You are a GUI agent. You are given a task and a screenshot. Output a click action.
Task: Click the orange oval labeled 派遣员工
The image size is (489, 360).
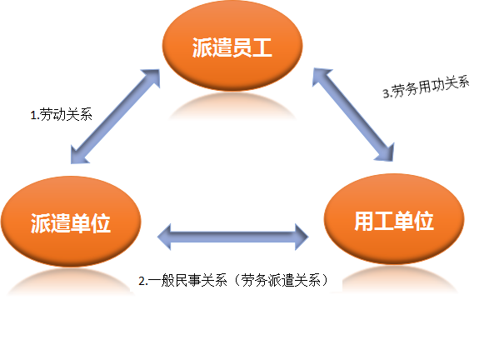pyautogui.click(x=232, y=46)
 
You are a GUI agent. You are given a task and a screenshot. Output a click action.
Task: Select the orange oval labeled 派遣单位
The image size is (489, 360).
pyautogui.click(x=71, y=221)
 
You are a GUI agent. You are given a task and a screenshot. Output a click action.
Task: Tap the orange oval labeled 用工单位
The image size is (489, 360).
pyautogui.click(x=394, y=219)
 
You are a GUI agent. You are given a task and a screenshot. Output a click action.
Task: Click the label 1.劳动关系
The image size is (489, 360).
pyautogui.click(x=61, y=114)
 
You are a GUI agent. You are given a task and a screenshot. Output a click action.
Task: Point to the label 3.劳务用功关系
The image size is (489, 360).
pyautogui.click(x=426, y=87)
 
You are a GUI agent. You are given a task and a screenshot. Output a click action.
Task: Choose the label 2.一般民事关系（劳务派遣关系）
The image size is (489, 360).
pyautogui.click(x=233, y=280)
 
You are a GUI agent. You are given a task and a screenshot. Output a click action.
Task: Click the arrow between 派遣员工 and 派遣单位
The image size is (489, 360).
pyautogui.click(x=116, y=116)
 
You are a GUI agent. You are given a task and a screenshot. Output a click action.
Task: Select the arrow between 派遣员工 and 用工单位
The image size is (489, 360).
pyautogui.click(x=353, y=114)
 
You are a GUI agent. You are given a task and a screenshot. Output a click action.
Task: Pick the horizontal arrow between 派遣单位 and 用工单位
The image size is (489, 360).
pyautogui.click(x=232, y=237)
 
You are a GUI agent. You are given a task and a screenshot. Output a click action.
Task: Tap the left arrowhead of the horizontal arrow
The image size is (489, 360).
pyautogui.click(x=164, y=237)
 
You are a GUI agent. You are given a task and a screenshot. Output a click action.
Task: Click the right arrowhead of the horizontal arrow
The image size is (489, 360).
pyautogui.click(x=302, y=237)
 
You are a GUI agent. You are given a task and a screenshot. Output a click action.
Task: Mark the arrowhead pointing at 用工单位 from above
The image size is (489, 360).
pyautogui.click(x=386, y=152)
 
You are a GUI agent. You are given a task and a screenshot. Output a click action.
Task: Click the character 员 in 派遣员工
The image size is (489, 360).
pyautogui.click(x=242, y=47)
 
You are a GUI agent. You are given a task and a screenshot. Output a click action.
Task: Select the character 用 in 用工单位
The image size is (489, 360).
pyautogui.click(x=364, y=221)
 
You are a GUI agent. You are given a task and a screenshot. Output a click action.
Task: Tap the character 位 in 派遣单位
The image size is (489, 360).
pyautogui.click(x=101, y=223)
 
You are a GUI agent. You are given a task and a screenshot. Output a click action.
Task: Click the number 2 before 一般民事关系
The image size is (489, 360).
pyautogui.click(x=142, y=281)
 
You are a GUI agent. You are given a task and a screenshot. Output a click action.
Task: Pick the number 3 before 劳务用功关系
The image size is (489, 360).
pyautogui.click(x=386, y=93)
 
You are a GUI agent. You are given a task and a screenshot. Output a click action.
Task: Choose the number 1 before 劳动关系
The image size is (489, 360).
pyautogui.click(x=33, y=116)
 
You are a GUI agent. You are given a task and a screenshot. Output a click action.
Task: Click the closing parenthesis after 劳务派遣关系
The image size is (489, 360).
pyautogui.click(x=325, y=280)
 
